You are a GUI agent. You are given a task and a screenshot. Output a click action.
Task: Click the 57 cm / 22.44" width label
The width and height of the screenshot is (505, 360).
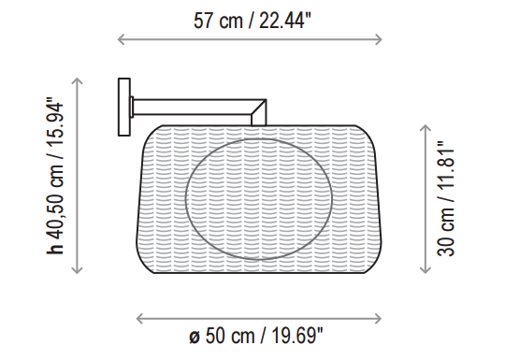click(252, 21)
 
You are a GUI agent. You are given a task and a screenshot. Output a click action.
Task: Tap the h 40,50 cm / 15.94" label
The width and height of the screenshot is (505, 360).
click(55, 176)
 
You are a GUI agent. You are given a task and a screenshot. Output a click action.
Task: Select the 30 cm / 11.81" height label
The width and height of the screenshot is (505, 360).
click(445, 199)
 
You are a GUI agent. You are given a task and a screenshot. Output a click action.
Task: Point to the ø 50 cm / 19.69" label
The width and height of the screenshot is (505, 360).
click(255, 336)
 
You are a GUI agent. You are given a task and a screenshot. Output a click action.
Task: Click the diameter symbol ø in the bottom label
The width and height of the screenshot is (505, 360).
click(195, 337)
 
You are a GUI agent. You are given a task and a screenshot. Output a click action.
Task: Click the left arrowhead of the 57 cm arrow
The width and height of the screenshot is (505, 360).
click(121, 39)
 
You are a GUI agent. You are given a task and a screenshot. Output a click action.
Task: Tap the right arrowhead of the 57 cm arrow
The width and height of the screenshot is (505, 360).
click(379, 39)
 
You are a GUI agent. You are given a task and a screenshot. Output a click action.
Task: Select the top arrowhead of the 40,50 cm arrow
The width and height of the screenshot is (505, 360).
click(77, 80)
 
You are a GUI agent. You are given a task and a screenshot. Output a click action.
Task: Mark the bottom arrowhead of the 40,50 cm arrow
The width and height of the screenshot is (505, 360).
click(77, 270)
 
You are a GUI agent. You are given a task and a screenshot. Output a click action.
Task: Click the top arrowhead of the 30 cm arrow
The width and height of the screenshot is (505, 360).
click(426, 127)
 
